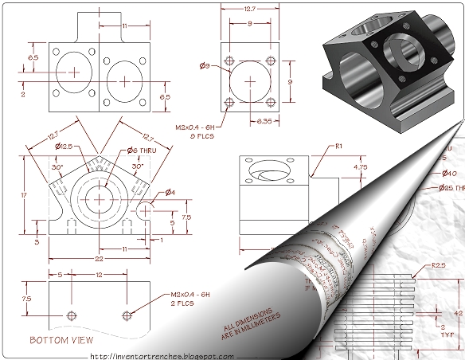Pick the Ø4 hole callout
[170, 192]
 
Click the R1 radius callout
[338, 147]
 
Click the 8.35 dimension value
[265, 121]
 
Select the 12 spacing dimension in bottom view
[99, 275]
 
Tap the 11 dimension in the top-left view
[125, 25]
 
